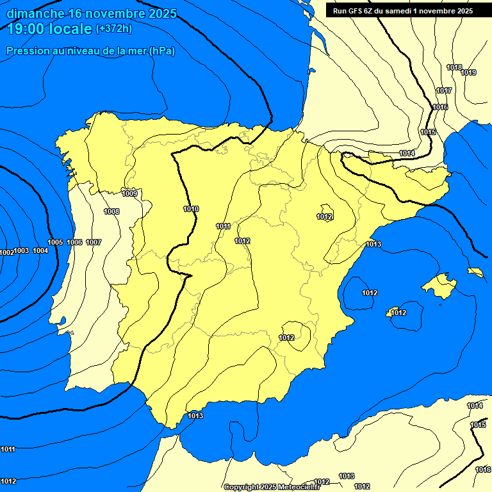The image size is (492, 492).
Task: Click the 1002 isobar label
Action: click(6, 252)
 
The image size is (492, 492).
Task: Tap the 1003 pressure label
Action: click(22, 250)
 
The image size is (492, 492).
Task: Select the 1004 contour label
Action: click(40, 250)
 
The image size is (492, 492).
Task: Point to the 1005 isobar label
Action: click(55, 242)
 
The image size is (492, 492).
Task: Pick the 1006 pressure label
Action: click(74, 242)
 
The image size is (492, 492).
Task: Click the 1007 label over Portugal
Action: click(94, 242)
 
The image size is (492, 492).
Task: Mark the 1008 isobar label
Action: click(111, 211)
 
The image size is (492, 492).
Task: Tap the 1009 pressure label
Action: click(129, 193)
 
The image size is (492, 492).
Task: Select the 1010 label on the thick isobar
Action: click(191, 209)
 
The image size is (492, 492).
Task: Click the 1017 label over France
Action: click(444, 90)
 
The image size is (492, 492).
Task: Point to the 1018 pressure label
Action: click(454, 67)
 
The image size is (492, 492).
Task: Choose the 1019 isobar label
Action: click(468, 72)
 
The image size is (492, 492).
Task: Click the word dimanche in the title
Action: click(35, 13)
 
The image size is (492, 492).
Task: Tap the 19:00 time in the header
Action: click(24, 29)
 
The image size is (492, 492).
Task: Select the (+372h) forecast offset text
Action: click(113, 29)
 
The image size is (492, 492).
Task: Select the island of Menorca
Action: click(475, 272)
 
